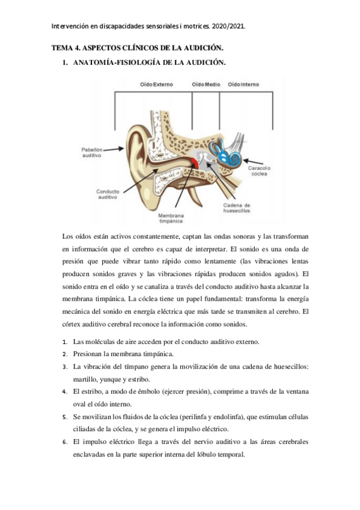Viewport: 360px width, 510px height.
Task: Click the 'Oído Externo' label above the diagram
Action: [x=156, y=85]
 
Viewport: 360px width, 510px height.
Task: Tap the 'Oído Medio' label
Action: [x=206, y=85]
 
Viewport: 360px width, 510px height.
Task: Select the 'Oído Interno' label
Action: [x=243, y=85]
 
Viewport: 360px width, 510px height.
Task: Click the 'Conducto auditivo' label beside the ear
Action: [x=108, y=194]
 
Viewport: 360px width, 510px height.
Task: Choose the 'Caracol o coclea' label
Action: [x=260, y=171]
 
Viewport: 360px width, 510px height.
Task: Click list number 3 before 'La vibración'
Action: [x=65, y=366]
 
